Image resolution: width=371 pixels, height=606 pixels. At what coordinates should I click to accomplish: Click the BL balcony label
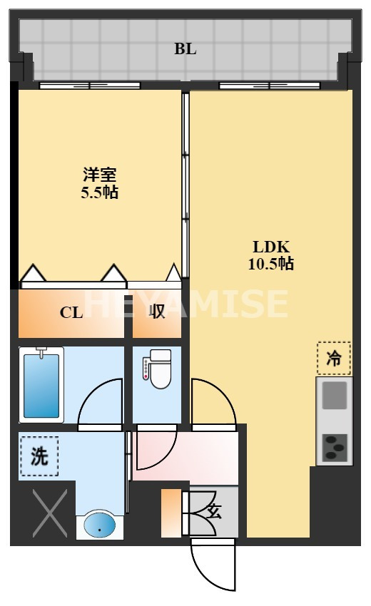point(185,50)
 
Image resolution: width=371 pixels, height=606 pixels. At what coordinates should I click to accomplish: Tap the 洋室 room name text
point(99,175)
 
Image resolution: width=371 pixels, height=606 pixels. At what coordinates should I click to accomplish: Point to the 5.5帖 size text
point(99,192)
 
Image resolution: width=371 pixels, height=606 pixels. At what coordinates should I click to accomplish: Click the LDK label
point(271,247)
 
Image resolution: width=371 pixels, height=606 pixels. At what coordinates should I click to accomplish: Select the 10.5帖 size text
point(271,264)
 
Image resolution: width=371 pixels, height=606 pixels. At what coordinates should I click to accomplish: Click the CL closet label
point(71,312)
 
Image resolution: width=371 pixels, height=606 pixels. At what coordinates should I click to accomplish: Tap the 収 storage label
point(157,312)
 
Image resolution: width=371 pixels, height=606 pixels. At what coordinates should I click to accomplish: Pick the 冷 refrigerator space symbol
point(334,359)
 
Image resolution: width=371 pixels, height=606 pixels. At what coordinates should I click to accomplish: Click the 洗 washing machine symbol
point(39,455)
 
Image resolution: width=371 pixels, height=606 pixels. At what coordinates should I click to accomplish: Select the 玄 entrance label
point(213,510)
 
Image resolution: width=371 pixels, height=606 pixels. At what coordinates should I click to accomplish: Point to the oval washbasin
point(99,526)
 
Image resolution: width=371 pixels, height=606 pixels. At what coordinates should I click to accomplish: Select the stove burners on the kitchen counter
point(334,447)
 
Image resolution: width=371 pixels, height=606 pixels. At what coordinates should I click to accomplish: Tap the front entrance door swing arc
point(214,567)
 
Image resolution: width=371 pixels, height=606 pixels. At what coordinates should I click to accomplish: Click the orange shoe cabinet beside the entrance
point(171,513)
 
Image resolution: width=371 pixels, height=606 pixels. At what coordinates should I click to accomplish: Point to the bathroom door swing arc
point(100,403)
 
